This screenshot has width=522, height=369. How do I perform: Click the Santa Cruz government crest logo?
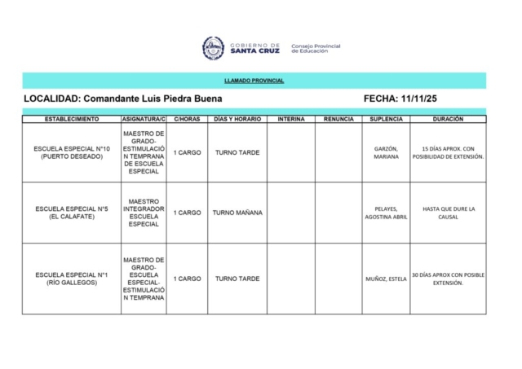[x=213, y=48]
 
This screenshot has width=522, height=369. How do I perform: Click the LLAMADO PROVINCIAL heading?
[x=254, y=81]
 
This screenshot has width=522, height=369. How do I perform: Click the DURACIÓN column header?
[x=448, y=119]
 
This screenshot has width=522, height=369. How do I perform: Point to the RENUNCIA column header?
[x=338, y=119]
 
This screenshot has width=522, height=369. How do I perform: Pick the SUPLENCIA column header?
[x=386, y=119]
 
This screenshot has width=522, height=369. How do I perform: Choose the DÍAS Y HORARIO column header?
[x=237, y=119]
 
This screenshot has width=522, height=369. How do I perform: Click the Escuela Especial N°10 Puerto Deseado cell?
[x=72, y=152]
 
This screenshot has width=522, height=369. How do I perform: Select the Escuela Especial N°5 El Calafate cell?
[x=72, y=213]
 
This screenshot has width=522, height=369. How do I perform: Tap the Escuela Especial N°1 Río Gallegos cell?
[x=72, y=279]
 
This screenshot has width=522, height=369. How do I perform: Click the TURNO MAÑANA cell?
[x=237, y=213]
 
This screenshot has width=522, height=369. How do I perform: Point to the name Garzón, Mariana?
[x=386, y=152]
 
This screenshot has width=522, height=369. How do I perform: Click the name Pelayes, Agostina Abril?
[x=386, y=213]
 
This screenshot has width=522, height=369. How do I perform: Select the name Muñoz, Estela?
[x=386, y=279]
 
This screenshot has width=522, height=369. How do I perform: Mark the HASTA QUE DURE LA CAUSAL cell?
[x=448, y=213]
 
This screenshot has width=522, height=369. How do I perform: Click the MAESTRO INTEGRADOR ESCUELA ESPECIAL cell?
[x=144, y=213]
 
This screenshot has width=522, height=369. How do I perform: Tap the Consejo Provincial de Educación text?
[x=316, y=48]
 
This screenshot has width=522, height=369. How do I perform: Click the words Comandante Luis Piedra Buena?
[x=153, y=98]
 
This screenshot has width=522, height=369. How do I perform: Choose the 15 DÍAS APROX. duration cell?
[x=448, y=152]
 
